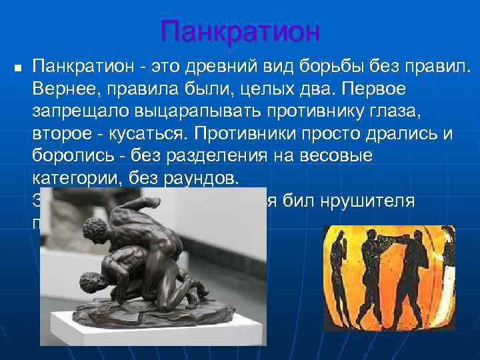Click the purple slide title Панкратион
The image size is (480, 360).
tap(240, 31)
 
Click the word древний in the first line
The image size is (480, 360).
tap(221, 67)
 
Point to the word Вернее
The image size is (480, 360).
tap(64, 89)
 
